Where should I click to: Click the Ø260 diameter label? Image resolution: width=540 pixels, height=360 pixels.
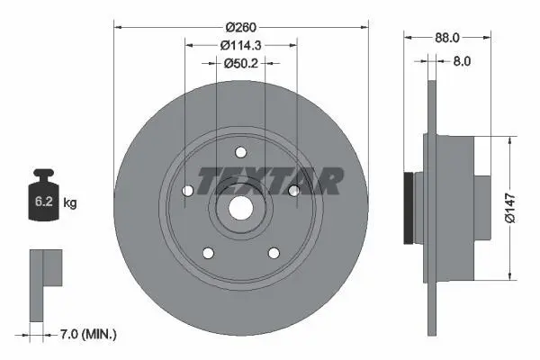(x=241, y=27)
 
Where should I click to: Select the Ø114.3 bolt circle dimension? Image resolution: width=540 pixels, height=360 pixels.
(x=241, y=45)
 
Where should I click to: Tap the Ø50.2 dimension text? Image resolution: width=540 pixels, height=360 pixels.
(x=240, y=63)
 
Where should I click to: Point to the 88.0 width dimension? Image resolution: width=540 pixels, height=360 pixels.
(x=447, y=38)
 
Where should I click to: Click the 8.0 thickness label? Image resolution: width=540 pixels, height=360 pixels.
(x=462, y=61)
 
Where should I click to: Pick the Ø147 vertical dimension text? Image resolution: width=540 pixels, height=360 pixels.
(x=510, y=208)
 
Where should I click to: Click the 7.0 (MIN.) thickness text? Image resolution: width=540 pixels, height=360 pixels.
(x=88, y=334)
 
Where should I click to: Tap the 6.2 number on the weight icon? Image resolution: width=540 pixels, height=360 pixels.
(x=44, y=201)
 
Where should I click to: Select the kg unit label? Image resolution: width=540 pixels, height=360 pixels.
(x=70, y=202)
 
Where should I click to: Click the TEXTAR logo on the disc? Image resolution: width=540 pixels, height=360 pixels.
(x=270, y=181)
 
